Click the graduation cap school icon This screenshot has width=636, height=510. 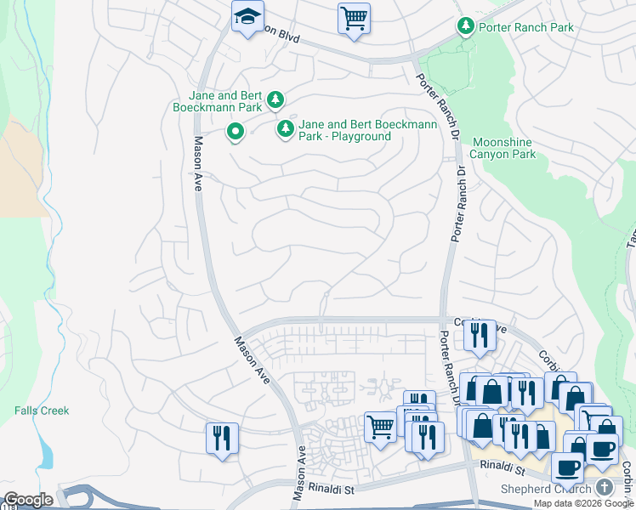tap(248, 17)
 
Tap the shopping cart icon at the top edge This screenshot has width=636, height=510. tap(354, 17)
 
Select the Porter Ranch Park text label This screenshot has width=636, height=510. tap(525, 27)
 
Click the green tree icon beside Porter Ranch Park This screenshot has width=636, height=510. tap(465, 27)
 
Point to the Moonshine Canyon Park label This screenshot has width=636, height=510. tap(504, 148)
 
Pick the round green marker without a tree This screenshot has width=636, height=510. tap(236, 133)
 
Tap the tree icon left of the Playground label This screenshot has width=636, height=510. tap(286, 129)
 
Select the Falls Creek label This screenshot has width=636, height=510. tap(42, 411)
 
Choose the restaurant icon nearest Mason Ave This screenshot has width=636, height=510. tap(222, 438)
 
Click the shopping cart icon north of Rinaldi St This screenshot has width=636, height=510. tap(379, 425)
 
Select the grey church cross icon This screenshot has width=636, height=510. tap(604, 487)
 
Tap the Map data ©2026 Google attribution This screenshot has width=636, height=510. tap(583, 503)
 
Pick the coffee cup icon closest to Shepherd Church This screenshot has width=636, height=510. tap(567, 466)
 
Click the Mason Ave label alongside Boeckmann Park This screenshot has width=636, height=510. tap(197, 163)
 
